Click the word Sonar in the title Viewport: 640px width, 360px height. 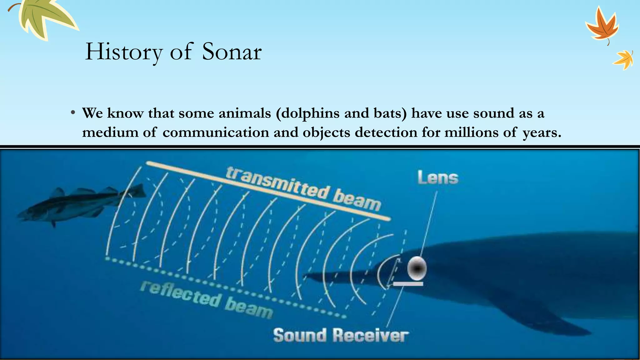pos(232,52)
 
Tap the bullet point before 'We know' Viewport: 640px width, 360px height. pos(72,113)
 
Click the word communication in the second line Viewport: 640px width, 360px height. pos(216,132)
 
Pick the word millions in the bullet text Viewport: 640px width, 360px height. pos(471,132)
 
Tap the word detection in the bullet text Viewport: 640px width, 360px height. pos(386,132)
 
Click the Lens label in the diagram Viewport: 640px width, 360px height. pos(438,178)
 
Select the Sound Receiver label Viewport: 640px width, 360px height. pos(341,335)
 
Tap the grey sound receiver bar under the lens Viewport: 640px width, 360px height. pos(408,284)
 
